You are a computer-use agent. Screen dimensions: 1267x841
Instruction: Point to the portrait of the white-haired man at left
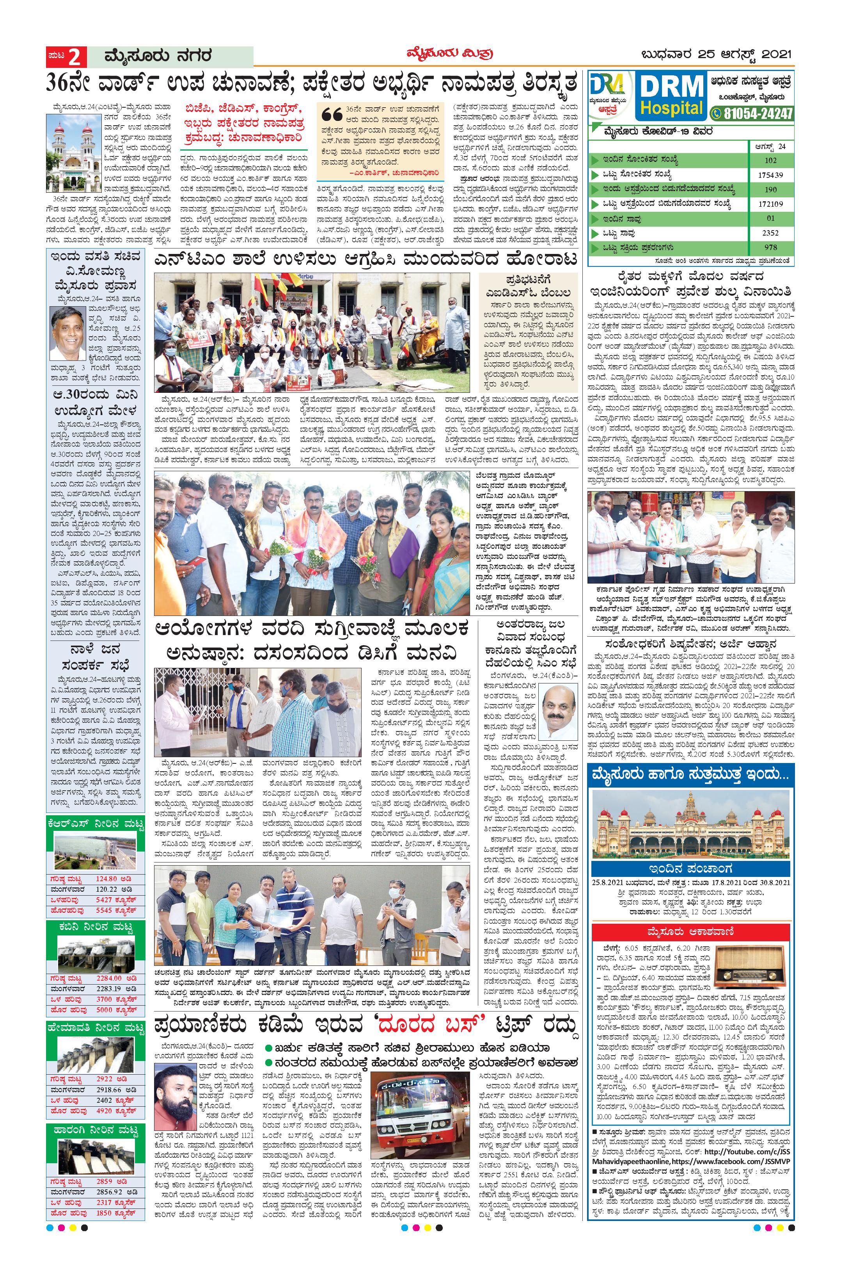coord(68,333)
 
